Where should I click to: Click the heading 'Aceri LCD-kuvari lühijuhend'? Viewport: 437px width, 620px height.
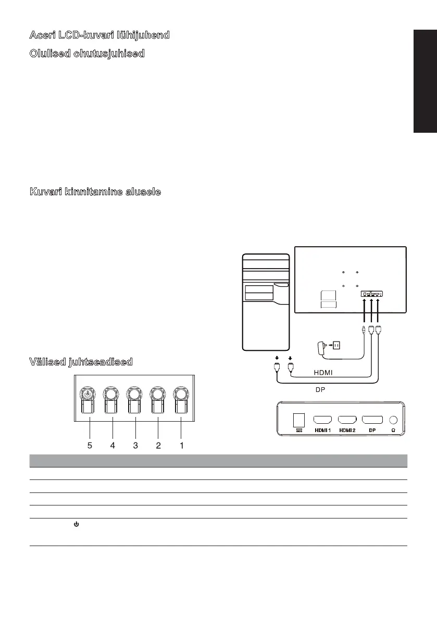point(99,35)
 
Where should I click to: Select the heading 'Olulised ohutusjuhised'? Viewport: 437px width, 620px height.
point(86,54)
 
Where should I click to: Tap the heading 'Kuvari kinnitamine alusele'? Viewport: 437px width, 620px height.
point(95,192)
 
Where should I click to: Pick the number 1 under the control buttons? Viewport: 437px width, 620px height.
point(181,445)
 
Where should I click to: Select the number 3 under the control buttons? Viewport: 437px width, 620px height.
point(135,445)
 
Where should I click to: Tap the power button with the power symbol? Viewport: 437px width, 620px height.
point(88,394)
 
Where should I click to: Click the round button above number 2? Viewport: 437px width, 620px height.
point(158,394)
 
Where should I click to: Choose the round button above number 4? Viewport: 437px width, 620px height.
point(111,394)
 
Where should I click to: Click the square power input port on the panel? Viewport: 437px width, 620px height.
point(299,420)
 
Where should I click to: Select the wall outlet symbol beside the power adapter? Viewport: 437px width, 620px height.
point(336,345)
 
